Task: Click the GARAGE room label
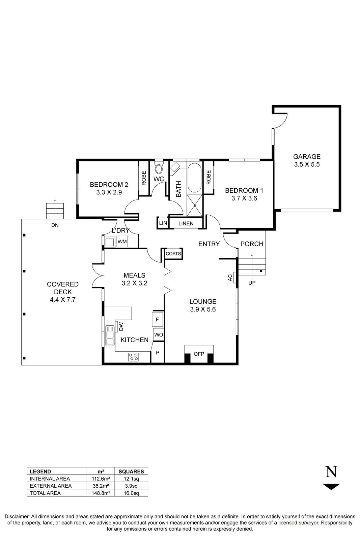point(306,157)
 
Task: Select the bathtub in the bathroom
point(194,178)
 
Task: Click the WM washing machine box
point(122,242)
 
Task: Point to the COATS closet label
point(173,254)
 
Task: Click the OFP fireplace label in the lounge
point(199,354)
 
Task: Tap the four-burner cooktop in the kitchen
point(134,357)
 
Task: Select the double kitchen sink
point(110,335)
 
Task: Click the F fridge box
point(157,319)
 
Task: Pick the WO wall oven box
point(158,335)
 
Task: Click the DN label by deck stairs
point(55,225)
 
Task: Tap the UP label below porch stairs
point(252,283)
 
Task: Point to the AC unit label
point(230,278)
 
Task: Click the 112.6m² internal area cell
point(100,479)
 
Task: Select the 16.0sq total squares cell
point(131,493)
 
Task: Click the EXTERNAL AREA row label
point(51,486)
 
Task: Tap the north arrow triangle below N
point(331,487)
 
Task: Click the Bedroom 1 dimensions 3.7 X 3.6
point(244,198)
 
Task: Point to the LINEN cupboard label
point(186,223)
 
